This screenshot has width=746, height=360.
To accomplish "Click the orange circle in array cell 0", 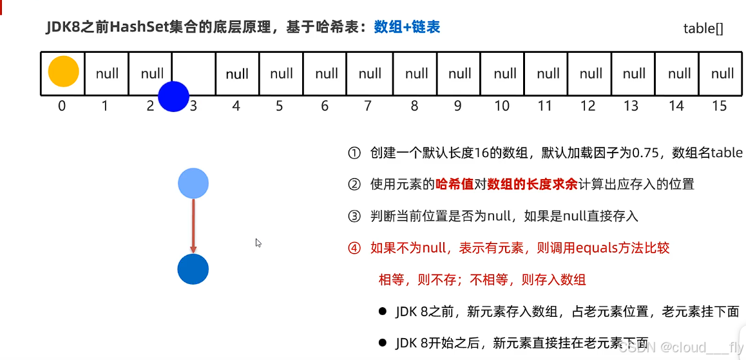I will tap(63, 72).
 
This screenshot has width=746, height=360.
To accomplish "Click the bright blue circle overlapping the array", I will tap(173, 97).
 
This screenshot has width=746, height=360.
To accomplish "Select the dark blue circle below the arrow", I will tap(193, 269).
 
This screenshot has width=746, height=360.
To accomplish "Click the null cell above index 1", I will tap(107, 73).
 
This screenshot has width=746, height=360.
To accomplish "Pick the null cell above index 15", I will tap(722, 73).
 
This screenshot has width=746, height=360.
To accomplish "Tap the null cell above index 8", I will tap(416, 73).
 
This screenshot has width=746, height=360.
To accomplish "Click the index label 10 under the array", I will tap(502, 106).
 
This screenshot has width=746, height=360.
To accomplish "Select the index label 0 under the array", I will tap(62, 106).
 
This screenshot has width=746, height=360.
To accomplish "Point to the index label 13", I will tap(631, 106).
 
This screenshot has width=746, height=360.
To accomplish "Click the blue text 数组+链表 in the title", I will tap(407, 27).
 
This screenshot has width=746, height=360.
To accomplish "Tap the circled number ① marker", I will tap(354, 153).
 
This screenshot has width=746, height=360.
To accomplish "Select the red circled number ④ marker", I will tap(354, 248).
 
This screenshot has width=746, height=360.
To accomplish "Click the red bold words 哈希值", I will tap(455, 184).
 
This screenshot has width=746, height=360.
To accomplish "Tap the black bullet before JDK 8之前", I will tap(382, 312).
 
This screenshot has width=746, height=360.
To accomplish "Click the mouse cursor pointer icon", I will tap(258, 243).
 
